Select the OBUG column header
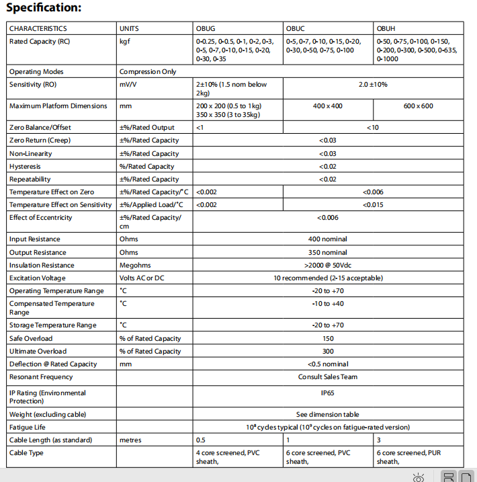pyautogui.click(x=206, y=29)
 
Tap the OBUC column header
pyautogui.click(x=296, y=29)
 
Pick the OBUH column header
pyautogui.click(x=386, y=29)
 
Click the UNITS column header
pyautogui.click(x=129, y=29)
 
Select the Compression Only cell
pyautogui.click(x=148, y=71)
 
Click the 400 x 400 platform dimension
pyautogui.click(x=327, y=106)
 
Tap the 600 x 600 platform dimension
pyautogui.click(x=418, y=106)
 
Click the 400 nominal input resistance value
pyautogui.click(x=328, y=239)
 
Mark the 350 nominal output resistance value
pyautogui.click(x=328, y=252)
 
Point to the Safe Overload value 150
pyautogui.click(x=328, y=338)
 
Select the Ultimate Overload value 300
pyautogui.click(x=328, y=351)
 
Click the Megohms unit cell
pyautogui.click(x=134, y=266)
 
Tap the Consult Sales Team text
pyautogui.click(x=328, y=377)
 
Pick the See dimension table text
pyautogui.click(x=328, y=414)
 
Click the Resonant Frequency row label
pyautogui.click(x=41, y=377)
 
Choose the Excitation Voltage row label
pyautogui.click(x=38, y=278)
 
